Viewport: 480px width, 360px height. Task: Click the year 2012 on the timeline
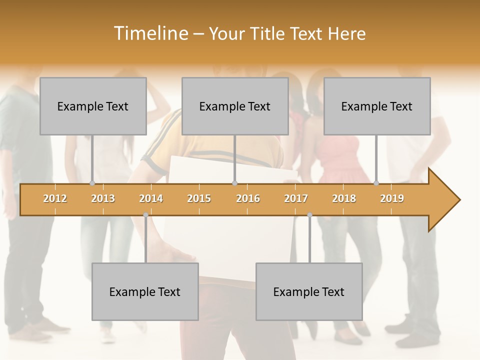click(55, 198)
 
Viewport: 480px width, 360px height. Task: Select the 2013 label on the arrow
click(103, 198)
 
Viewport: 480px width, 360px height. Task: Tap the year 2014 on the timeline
click(151, 198)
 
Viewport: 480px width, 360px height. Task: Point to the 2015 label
click(199, 198)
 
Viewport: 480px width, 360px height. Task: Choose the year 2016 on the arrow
click(248, 198)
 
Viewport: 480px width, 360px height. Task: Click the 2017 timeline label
click(296, 198)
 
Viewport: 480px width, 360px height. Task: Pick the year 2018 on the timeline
click(344, 198)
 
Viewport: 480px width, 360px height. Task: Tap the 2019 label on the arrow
click(392, 198)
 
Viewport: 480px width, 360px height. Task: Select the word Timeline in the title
click(150, 33)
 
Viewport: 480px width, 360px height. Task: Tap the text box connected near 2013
click(93, 106)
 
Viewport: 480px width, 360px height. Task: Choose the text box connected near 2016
click(235, 106)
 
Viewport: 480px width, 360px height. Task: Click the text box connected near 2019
click(377, 106)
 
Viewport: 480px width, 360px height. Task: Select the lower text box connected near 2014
click(145, 291)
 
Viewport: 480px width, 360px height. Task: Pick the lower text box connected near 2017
click(309, 291)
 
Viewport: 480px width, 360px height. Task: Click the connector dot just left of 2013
click(92, 183)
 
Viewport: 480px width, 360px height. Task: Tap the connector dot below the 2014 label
click(145, 215)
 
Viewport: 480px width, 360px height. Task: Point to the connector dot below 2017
click(309, 215)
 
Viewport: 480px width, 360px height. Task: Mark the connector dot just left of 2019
click(376, 183)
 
